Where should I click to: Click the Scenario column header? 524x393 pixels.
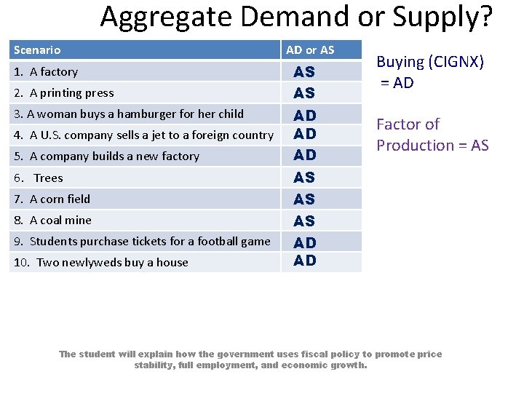(x=38, y=50)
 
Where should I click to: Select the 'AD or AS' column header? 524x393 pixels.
(x=310, y=50)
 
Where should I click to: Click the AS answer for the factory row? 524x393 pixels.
(x=304, y=72)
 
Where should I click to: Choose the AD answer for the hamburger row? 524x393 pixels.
(x=304, y=115)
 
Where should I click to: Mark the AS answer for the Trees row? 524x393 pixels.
(x=304, y=178)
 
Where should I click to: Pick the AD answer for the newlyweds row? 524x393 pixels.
(x=304, y=261)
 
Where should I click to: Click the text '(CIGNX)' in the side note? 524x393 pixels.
(x=456, y=62)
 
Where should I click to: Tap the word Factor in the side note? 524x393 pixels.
(x=397, y=124)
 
